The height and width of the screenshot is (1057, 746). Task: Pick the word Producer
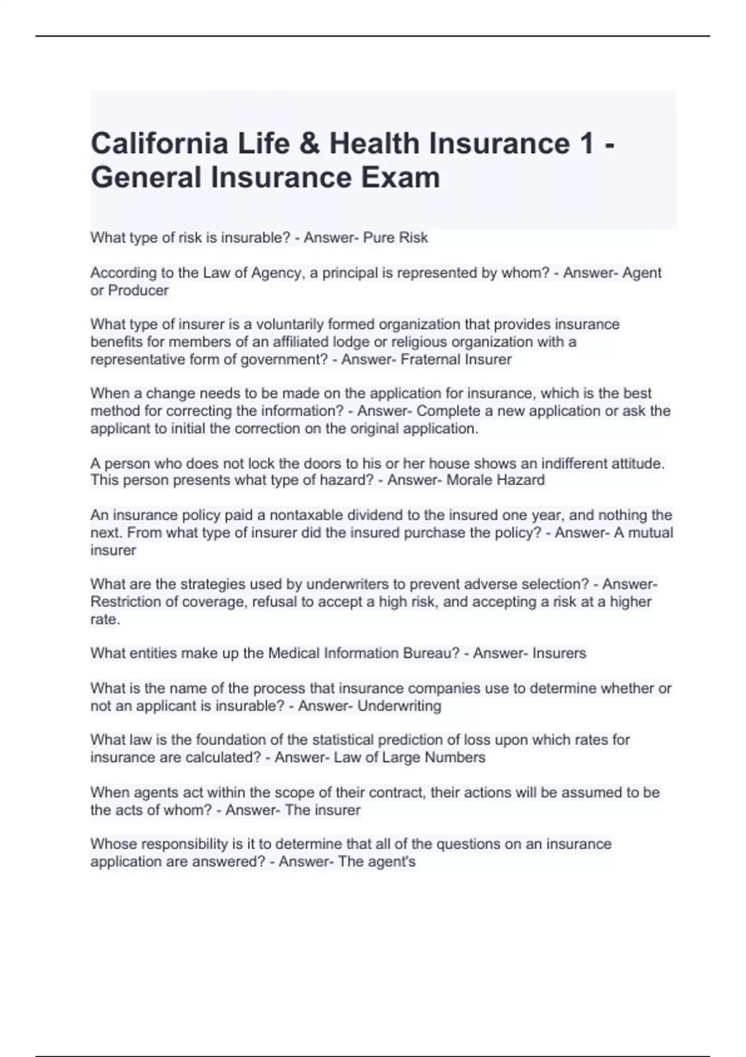point(138,290)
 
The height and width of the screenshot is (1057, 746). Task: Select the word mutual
point(651,533)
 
